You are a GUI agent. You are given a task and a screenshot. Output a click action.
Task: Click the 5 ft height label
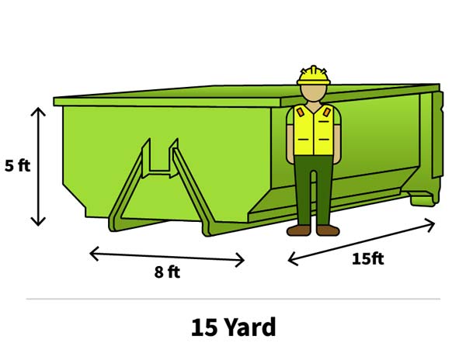pos(17,166)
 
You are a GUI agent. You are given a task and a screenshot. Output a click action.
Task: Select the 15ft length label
pos(367,258)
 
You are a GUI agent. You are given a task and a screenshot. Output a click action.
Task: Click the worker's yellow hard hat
pos(314,75)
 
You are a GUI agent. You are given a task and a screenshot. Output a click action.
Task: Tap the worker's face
pos(314,94)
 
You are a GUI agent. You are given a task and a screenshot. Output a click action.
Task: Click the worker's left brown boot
pos(299,230)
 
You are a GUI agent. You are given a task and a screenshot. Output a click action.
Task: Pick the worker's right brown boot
pos(326,230)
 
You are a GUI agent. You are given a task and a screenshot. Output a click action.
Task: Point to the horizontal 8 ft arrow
pos(166,256)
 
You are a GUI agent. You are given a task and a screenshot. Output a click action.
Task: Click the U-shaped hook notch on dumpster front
pos(160,159)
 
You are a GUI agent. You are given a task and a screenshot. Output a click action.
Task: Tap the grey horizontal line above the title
pos(233,299)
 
